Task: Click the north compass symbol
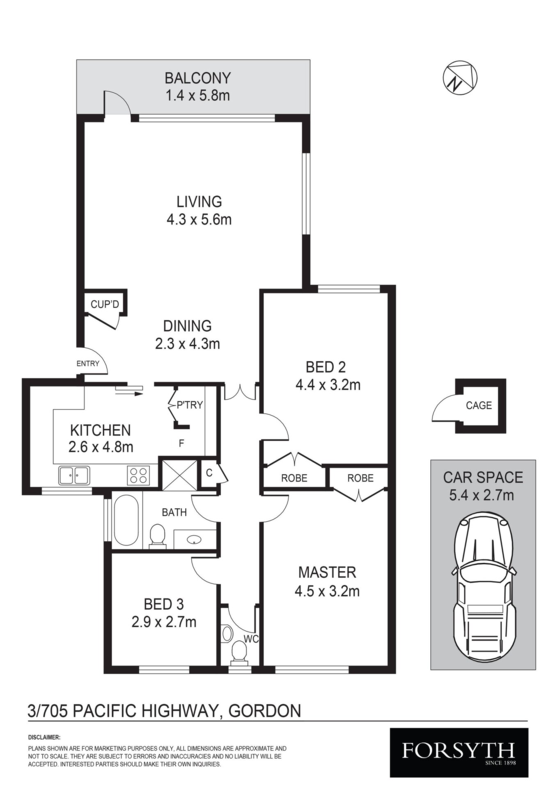click(460, 77)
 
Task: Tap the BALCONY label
click(197, 77)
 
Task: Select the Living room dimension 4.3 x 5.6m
click(199, 220)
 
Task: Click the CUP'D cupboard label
click(105, 304)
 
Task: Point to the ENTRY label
click(88, 364)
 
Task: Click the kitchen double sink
click(74, 475)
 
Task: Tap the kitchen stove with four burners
click(138, 475)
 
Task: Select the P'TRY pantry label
click(190, 405)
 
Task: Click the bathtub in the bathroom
click(126, 521)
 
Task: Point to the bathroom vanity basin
click(194, 540)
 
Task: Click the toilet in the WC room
click(239, 653)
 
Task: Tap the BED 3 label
click(164, 604)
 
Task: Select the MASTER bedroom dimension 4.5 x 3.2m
click(327, 591)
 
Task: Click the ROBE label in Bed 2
click(294, 478)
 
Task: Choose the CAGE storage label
click(479, 405)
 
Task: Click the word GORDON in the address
click(265, 710)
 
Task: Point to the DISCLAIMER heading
click(44, 737)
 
